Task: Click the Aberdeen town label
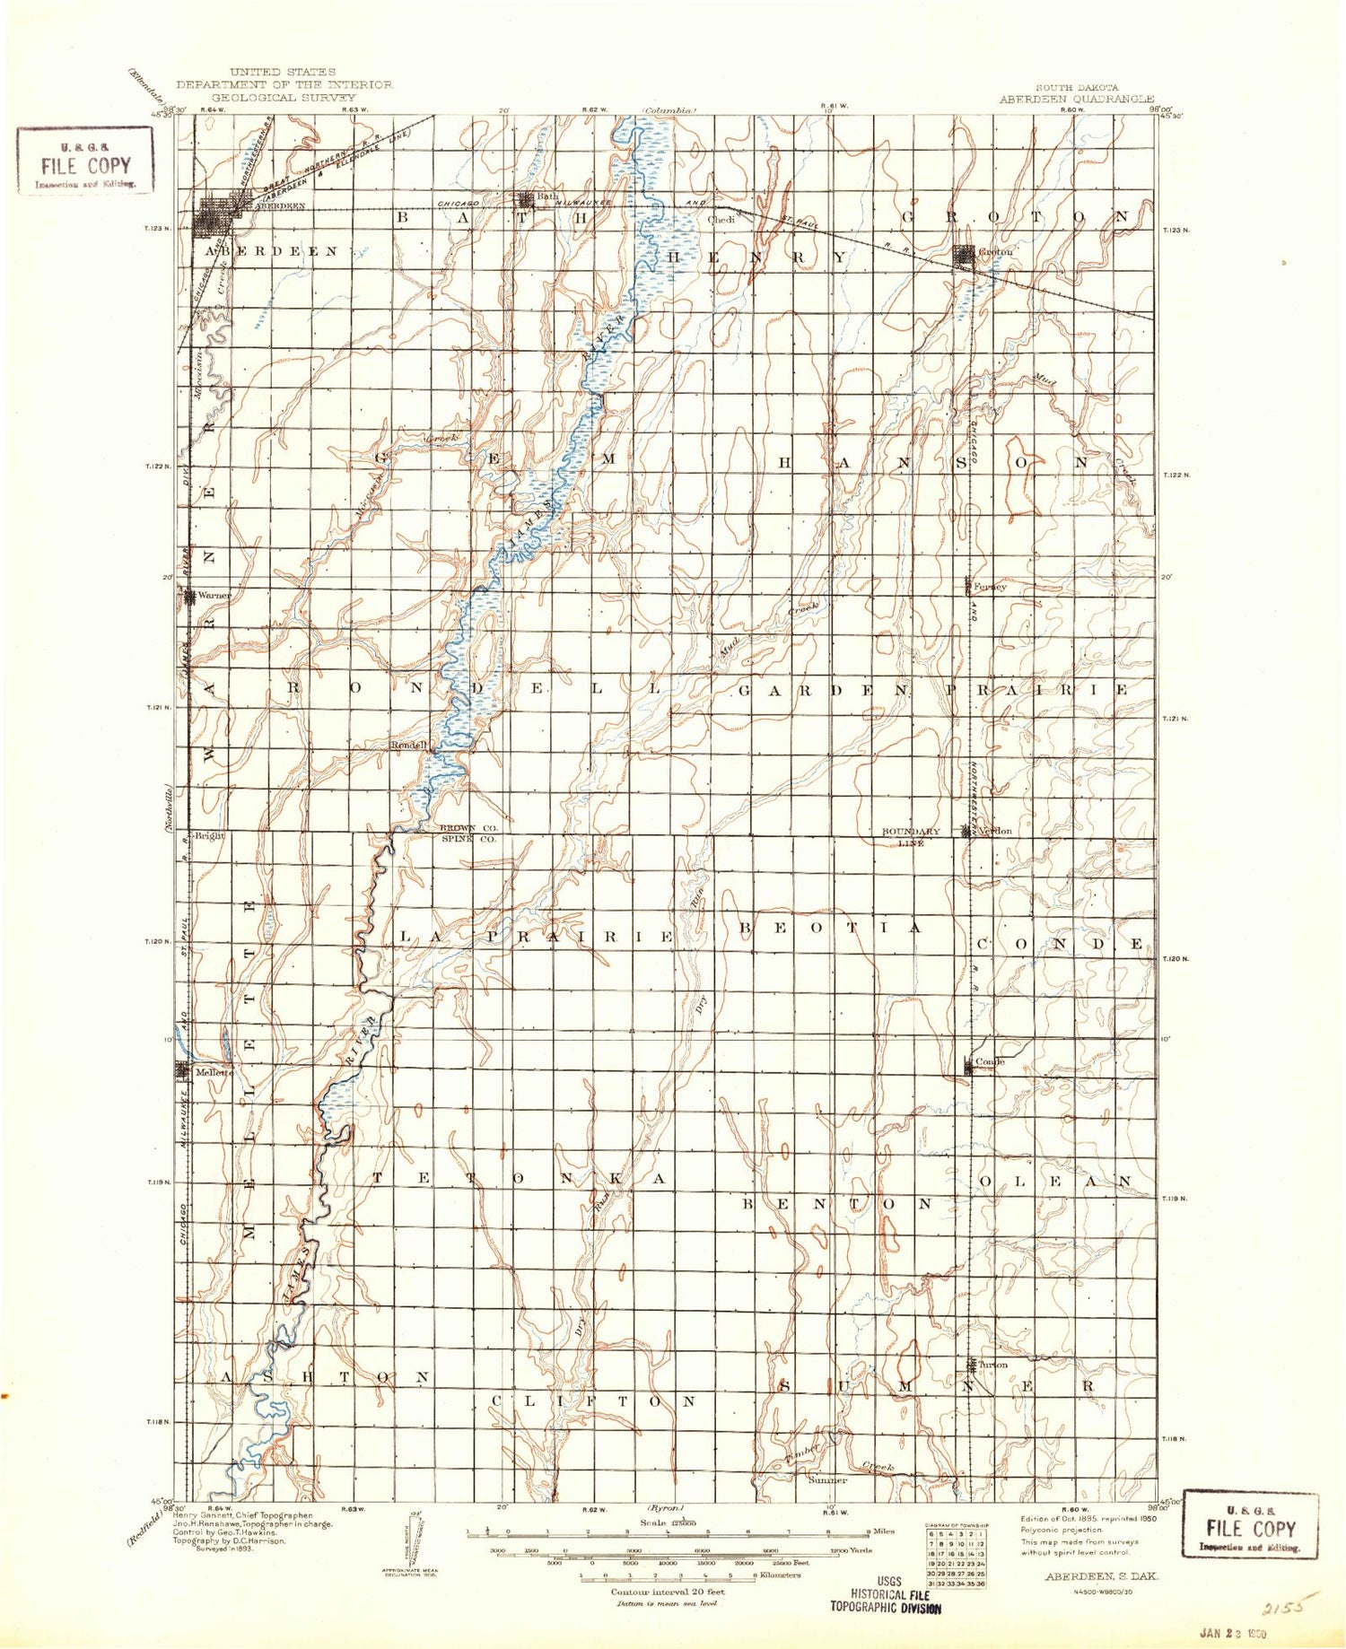[x=281, y=205]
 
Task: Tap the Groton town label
[x=996, y=252]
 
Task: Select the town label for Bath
[x=547, y=196]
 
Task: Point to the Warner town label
[x=214, y=595]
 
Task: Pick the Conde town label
[x=990, y=1061]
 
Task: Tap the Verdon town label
[x=994, y=831]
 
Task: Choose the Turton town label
[x=993, y=1365]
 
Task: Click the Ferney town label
[x=990, y=587]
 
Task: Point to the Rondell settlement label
[x=406, y=745]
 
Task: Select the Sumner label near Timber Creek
[x=827, y=1480]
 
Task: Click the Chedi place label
[x=721, y=219]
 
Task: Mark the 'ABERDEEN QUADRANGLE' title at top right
[x=1077, y=100]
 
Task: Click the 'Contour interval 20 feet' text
[x=668, y=1592]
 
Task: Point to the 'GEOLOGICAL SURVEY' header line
[x=284, y=97]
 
